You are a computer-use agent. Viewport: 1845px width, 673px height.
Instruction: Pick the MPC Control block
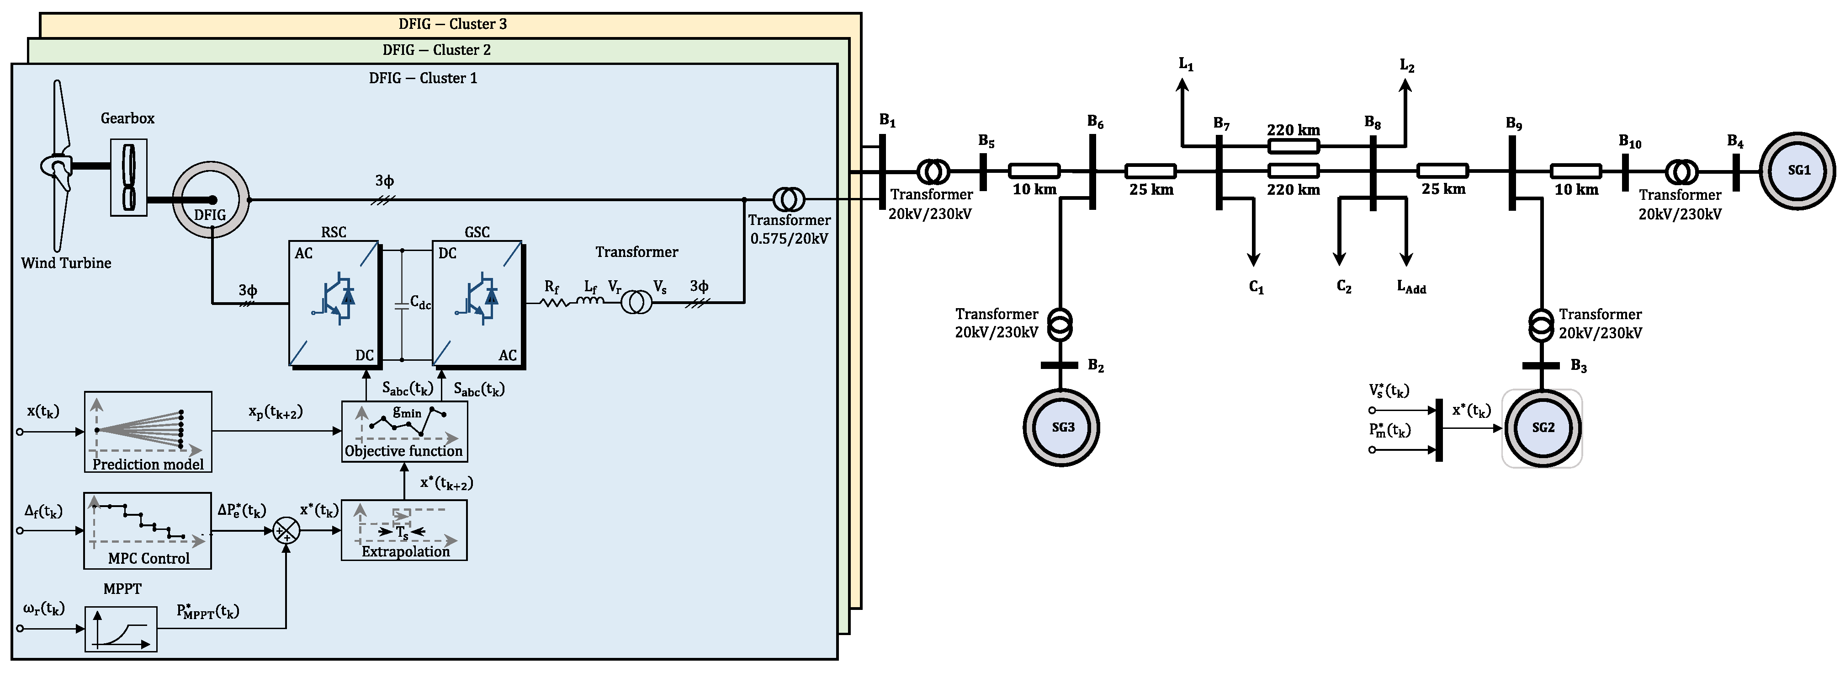click(148, 530)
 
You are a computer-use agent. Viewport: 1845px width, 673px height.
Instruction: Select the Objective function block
click(405, 431)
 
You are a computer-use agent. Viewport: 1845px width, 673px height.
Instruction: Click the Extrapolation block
click(405, 530)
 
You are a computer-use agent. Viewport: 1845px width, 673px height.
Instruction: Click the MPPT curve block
click(121, 629)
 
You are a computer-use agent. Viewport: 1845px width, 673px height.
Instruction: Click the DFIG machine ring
click(211, 200)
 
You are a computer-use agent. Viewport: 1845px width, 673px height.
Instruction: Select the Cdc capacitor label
click(420, 303)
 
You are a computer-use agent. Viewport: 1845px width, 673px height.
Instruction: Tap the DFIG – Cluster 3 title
click(453, 24)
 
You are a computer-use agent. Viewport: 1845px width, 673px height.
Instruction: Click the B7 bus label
click(1221, 124)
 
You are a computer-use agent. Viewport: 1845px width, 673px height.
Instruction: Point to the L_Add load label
click(1411, 287)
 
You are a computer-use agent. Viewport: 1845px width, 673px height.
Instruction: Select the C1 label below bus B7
click(1256, 287)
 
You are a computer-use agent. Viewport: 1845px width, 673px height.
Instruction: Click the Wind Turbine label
click(66, 263)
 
